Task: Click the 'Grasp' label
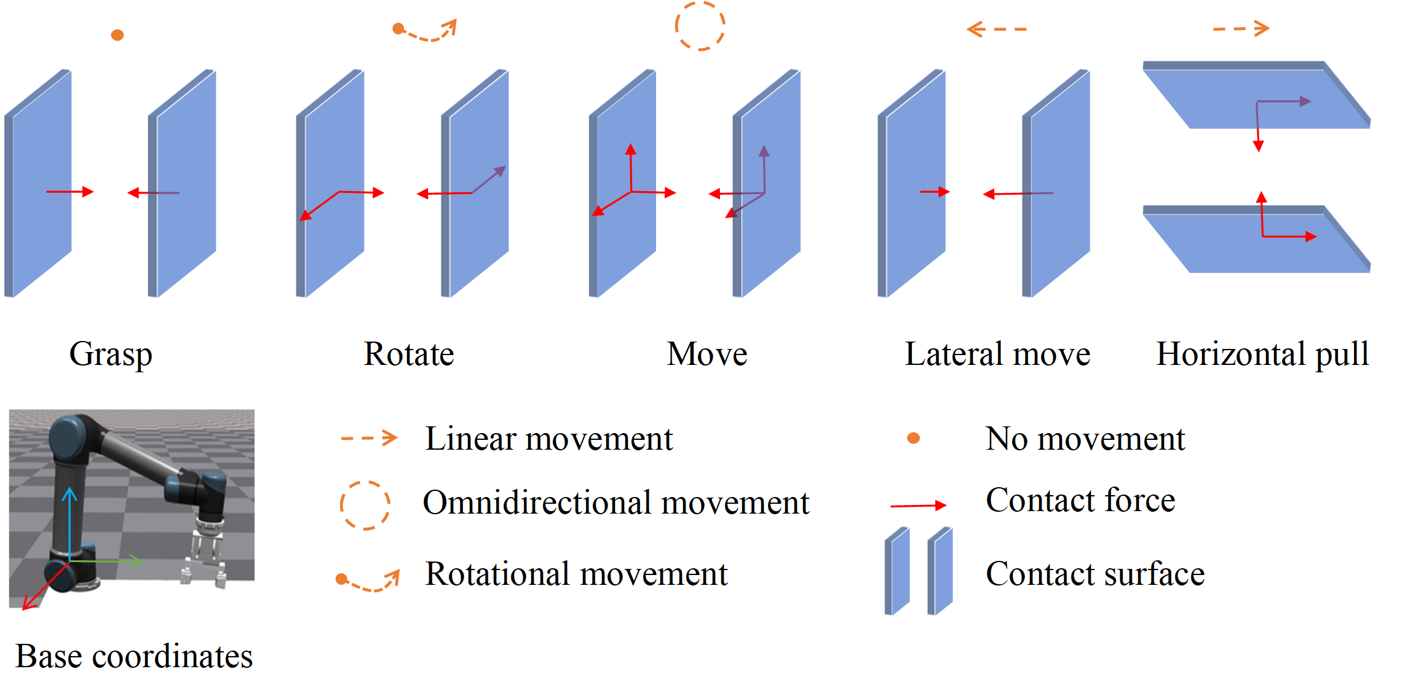[111, 354]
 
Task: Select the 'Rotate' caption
[409, 354]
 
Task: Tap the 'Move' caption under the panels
[707, 354]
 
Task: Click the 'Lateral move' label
[997, 354]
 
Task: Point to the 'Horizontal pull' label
[1262, 354]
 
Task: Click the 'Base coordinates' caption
[134, 657]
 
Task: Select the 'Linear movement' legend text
[548, 439]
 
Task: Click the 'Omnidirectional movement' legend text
[616, 503]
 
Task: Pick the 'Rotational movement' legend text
[576, 574]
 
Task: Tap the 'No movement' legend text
[1085, 439]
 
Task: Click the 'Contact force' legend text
[1080, 500]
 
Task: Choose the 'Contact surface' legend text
[1095, 574]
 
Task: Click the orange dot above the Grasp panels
[117, 35]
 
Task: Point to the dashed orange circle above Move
[700, 26]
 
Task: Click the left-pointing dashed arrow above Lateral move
[996, 29]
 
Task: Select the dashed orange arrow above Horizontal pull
[1241, 28]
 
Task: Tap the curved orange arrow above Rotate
[425, 31]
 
